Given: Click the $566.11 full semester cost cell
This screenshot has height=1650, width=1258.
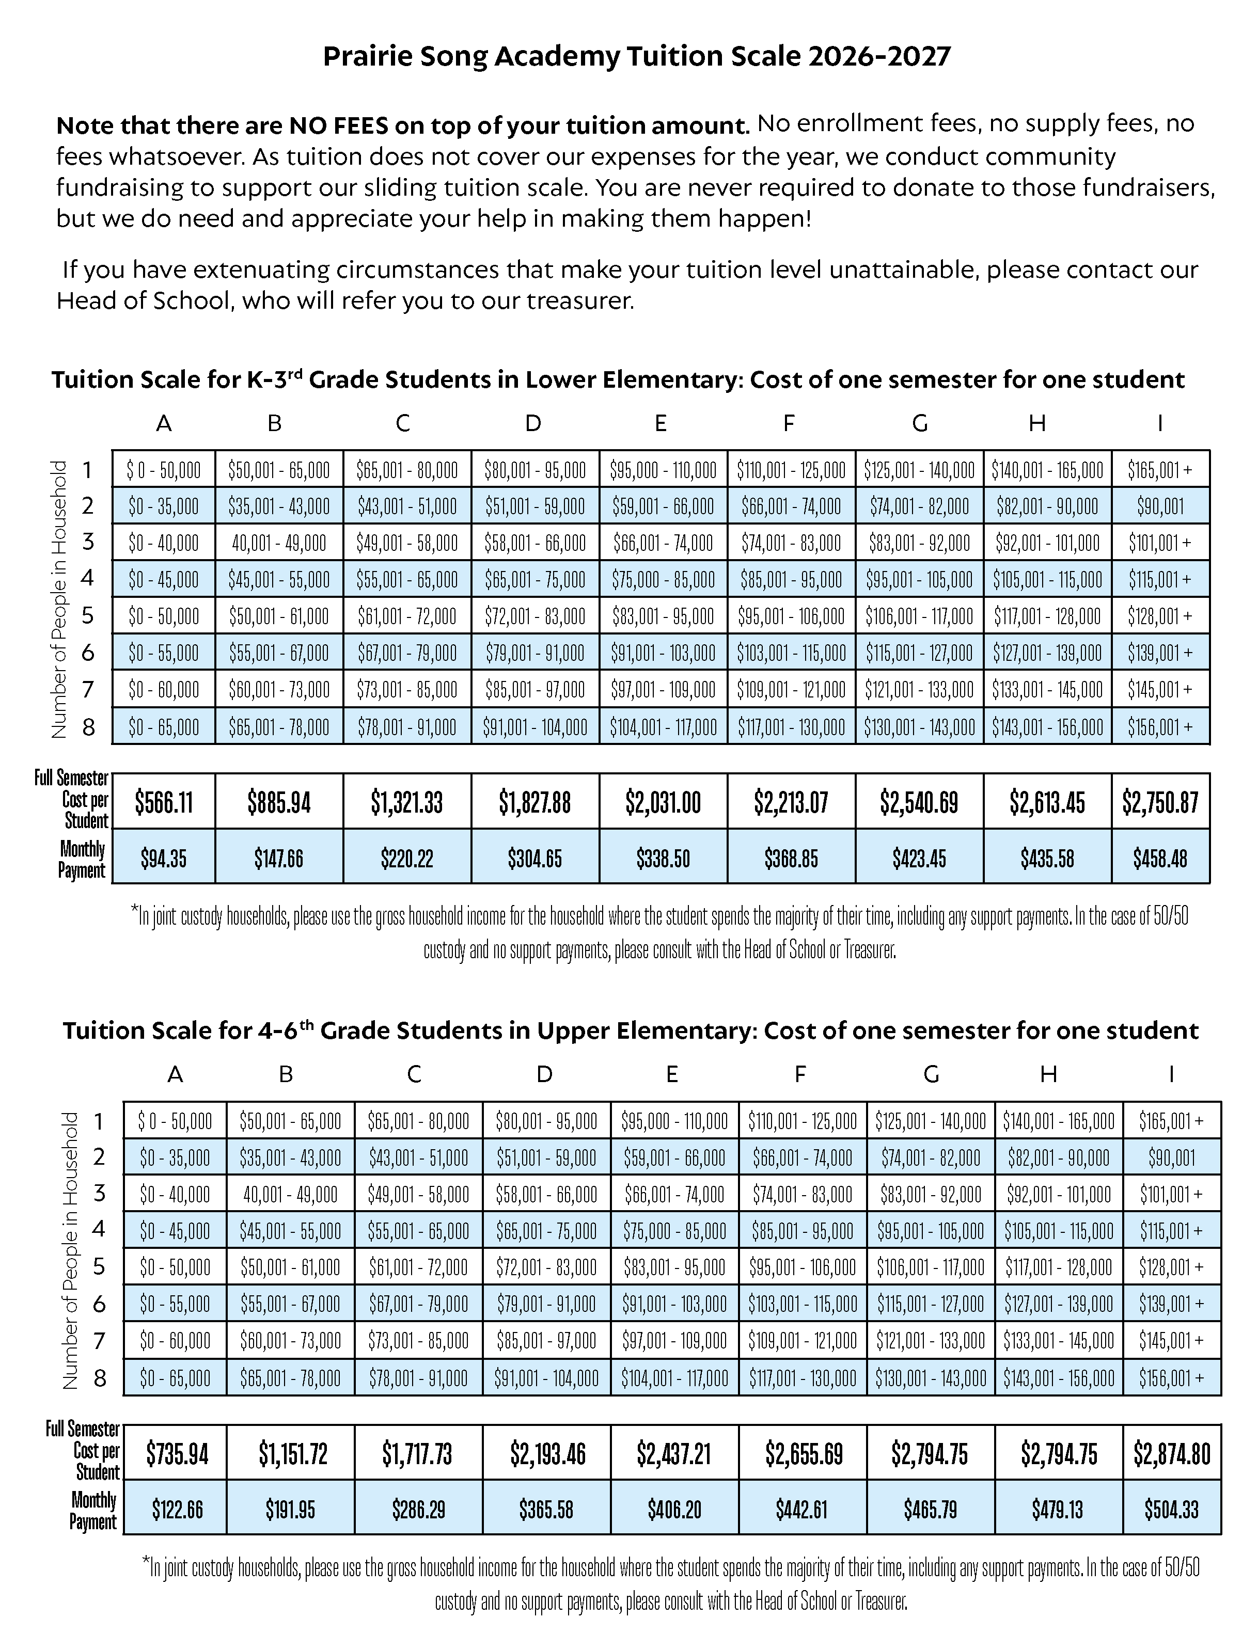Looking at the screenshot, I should tap(163, 802).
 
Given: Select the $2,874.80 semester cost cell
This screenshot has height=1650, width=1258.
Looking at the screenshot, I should tap(1171, 1454).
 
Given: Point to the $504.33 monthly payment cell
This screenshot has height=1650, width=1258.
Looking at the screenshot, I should tap(1171, 1509).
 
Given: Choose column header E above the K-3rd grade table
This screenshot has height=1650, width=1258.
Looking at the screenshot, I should tap(661, 424).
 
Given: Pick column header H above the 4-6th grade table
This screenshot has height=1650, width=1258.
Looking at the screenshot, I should tap(1048, 1075).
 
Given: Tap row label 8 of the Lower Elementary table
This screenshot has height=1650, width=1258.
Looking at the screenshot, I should tap(88, 726).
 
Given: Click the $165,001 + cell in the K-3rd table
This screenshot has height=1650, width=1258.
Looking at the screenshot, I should tap(1160, 470).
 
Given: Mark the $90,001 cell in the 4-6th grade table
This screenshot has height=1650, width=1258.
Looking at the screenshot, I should tap(1171, 1158).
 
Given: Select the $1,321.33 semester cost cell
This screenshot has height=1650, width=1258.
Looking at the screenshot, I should tap(406, 802).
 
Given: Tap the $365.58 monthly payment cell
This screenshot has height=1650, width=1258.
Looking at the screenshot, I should tap(546, 1509).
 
